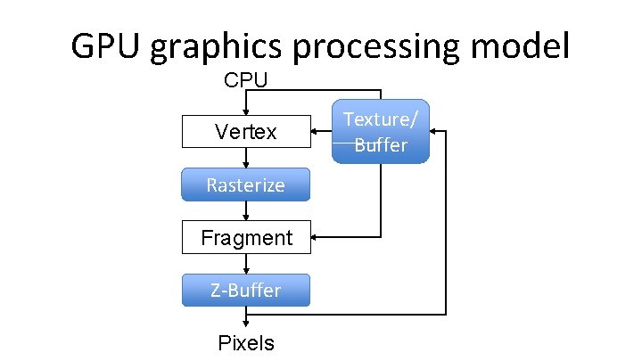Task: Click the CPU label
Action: pos(245,80)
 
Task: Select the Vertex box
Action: pos(246,132)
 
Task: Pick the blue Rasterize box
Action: pos(246,185)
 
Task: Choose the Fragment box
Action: pos(246,237)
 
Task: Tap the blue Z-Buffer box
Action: pos(246,290)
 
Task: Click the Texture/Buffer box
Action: pos(381,131)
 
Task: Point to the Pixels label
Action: pos(246,343)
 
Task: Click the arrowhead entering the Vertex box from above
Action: pos(246,111)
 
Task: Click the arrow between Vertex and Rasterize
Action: pos(246,158)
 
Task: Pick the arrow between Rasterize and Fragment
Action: pos(246,210)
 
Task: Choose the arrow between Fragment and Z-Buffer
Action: pos(246,263)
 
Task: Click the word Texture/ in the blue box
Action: pos(381,119)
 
